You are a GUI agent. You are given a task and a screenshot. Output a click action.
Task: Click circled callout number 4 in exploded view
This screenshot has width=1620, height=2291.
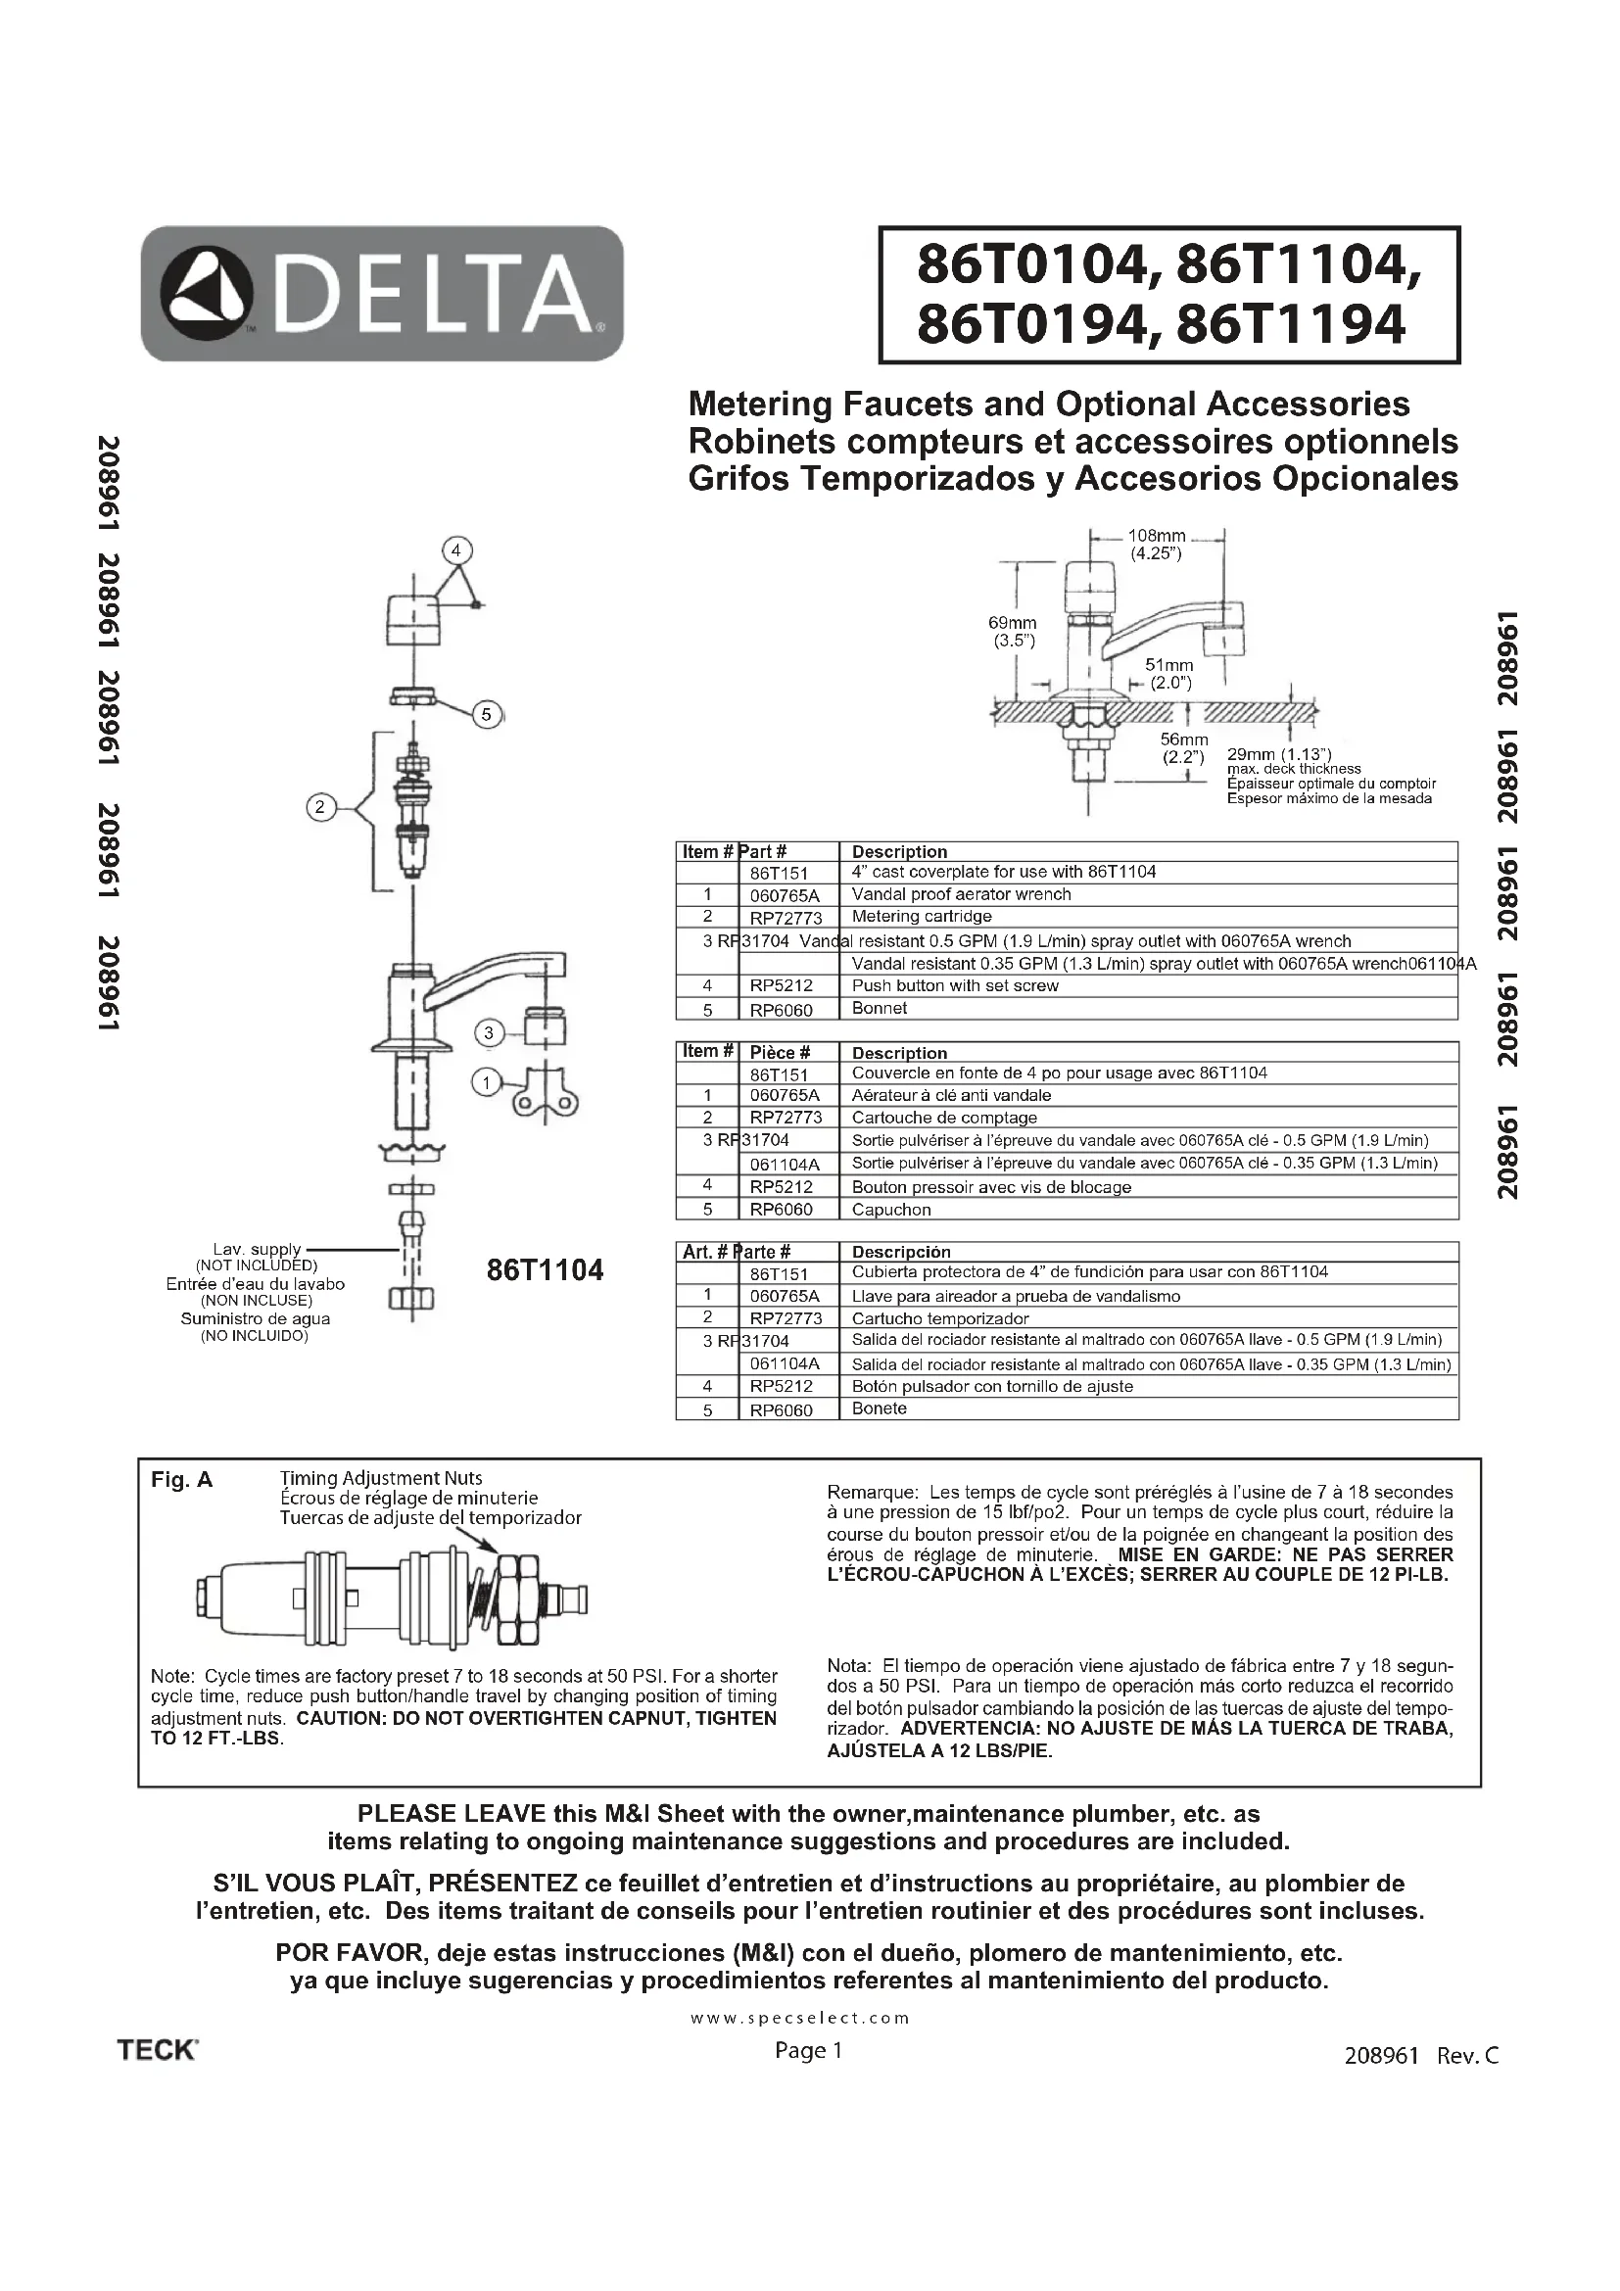[456, 550]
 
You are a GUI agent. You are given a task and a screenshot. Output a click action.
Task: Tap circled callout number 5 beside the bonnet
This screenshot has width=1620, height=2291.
[487, 714]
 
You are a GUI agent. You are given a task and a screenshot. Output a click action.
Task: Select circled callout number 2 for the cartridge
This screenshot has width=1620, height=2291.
[320, 807]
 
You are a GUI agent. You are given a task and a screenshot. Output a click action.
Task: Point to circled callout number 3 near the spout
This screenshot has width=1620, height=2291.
[489, 1032]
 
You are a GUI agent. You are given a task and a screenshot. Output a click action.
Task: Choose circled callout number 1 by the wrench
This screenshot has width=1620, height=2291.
[487, 1082]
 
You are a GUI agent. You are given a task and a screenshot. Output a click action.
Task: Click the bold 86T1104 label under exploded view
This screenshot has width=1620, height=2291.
[545, 1270]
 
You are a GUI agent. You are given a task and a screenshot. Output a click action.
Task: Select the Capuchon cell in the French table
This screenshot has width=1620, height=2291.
[890, 1210]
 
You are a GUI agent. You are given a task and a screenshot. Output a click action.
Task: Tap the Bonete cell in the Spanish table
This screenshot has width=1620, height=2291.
[879, 1408]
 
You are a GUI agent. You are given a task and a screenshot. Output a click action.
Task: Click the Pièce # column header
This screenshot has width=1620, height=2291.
[780, 1052]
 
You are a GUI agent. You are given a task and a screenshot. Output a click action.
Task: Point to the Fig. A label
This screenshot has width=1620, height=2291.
[181, 1480]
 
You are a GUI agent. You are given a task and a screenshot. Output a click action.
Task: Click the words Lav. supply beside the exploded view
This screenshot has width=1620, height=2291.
[257, 1248]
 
